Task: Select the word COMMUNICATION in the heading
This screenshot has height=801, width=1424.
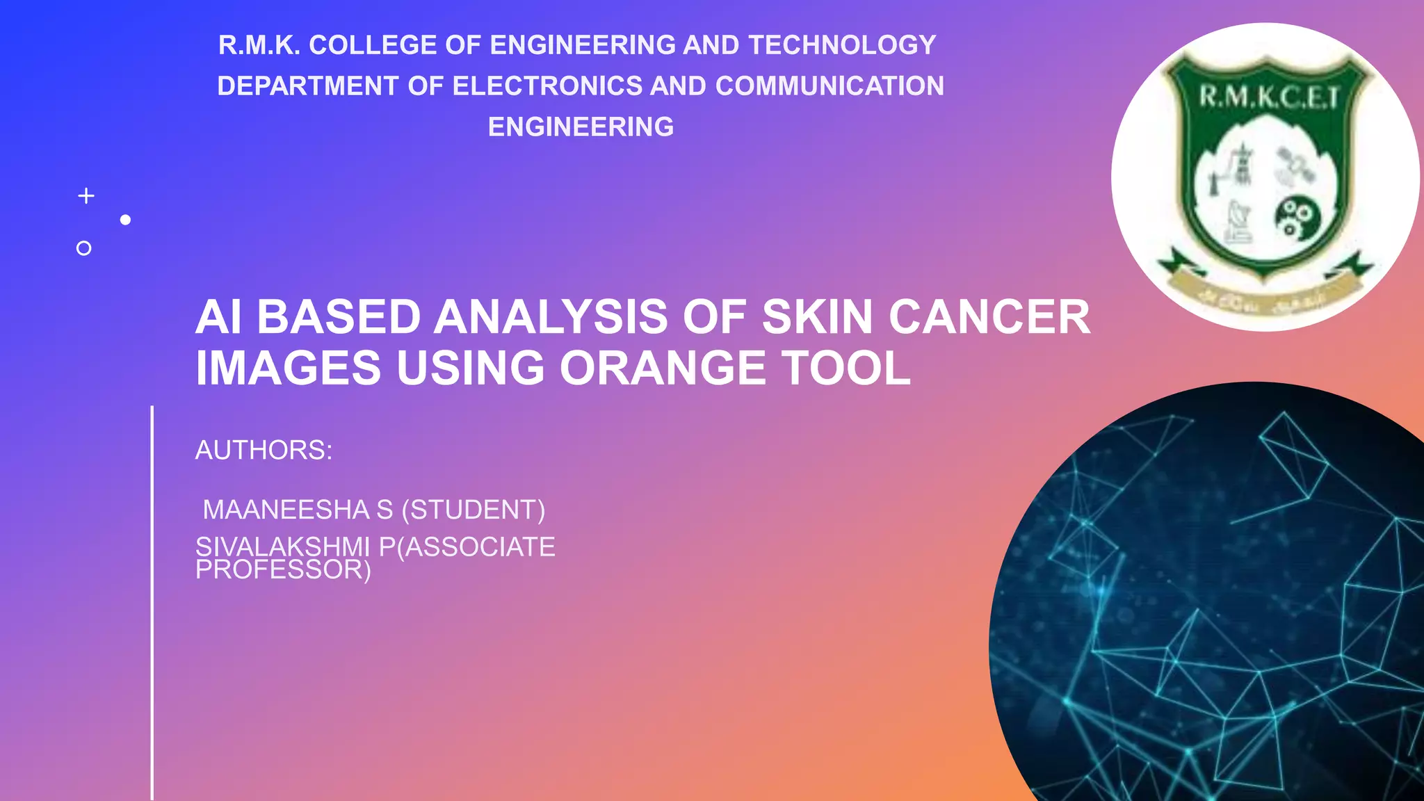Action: point(830,86)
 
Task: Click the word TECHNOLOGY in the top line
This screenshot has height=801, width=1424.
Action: point(842,45)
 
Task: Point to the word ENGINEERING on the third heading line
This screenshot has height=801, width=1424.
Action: point(581,127)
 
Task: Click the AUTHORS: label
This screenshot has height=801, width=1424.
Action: point(264,450)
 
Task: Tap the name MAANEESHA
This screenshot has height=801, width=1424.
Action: point(286,510)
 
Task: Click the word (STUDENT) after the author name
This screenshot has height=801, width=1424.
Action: point(474,510)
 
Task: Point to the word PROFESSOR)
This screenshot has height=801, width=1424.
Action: point(283,570)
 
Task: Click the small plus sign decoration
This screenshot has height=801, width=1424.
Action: point(86,196)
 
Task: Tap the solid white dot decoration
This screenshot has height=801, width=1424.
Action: point(125,220)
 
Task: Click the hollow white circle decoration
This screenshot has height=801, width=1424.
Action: point(83,248)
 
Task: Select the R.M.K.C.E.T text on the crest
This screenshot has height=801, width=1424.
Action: point(1268,97)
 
